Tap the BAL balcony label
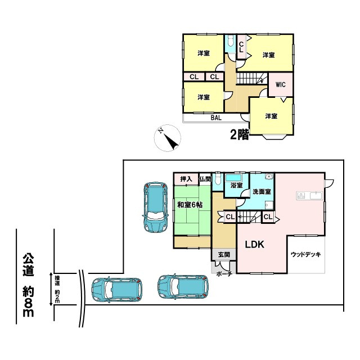click(x=216, y=118)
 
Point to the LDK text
click(x=254, y=245)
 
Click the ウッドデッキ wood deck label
click(x=305, y=254)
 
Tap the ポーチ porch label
click(x=224, y=273)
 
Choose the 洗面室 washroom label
click(x=262, y=191)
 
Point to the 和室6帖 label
click(x=191, y=204)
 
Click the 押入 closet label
click(x=186, y=179)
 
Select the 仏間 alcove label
click(x=205, y=179)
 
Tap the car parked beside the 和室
click(x=154, y=207)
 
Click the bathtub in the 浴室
click(x=233, y=176)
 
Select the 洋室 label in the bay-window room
click(x=271, y=116)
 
